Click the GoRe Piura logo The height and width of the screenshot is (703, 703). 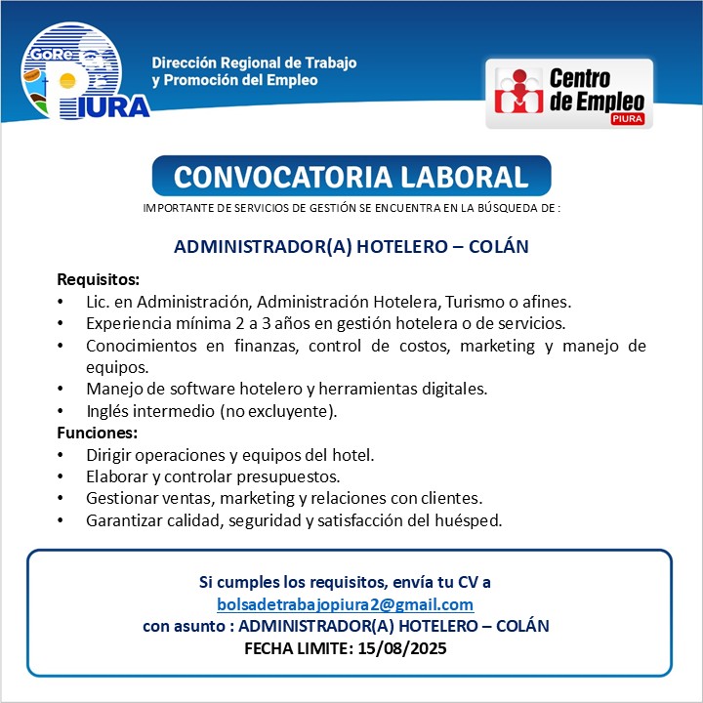[85, 70]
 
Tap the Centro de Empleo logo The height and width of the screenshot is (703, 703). [569, 94]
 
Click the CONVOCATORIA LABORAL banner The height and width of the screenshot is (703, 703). [351, 177]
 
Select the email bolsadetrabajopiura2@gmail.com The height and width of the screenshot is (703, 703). [345, 604]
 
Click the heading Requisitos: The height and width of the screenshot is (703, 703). [99, 280]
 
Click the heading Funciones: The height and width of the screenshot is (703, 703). [98, 433]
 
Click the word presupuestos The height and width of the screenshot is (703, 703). [291, 476]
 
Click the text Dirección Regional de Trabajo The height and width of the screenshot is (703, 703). [254, 62]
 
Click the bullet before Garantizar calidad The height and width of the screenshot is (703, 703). [62, 520]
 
